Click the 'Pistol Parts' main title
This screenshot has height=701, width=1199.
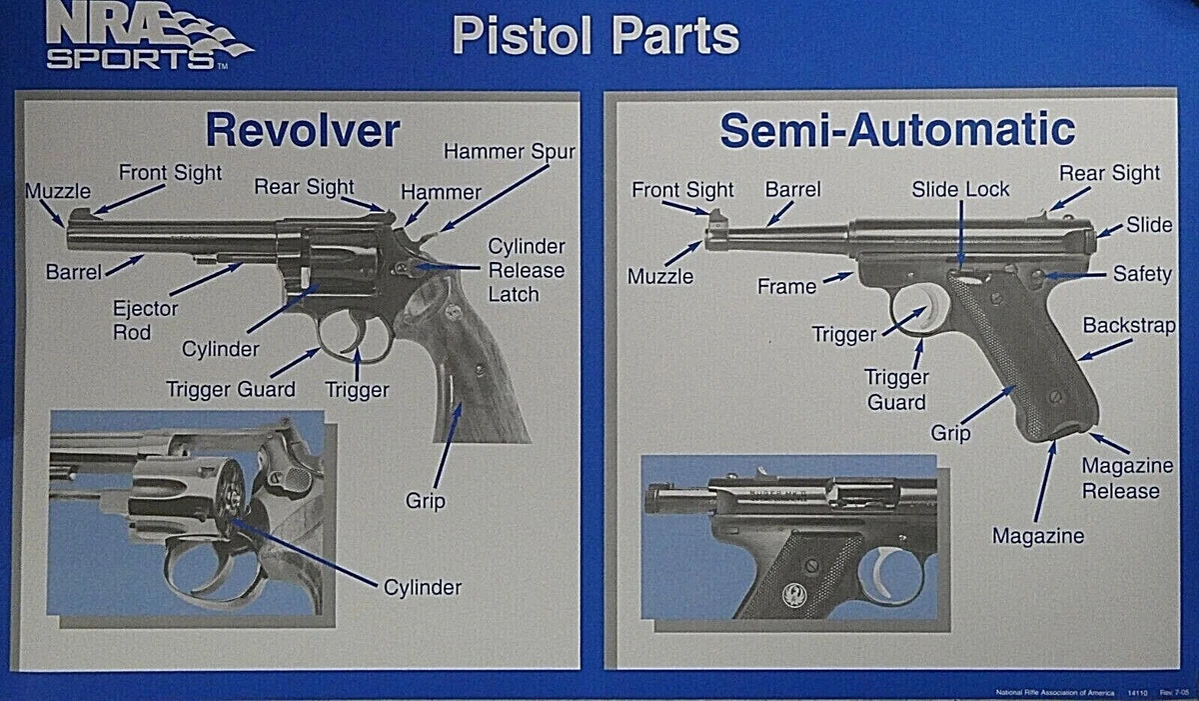click(x=595, y=36)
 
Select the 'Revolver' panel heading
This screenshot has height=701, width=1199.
click(x=302, y=131)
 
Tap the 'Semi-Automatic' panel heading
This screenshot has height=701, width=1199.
click(x=896, y=131)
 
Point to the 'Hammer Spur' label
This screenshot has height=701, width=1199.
click(x=510, y=152)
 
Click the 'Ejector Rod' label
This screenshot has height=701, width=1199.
click(x=146, y=320)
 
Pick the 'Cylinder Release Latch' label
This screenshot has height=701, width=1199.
click(x=526, y=270)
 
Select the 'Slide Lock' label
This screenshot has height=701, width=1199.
click(x=960, y=189)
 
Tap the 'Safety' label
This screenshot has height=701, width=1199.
click(x=1142, y=273)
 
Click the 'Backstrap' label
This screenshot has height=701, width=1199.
click(x=1129, y=326)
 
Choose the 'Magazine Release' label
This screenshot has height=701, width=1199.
click(x=1121, y=479)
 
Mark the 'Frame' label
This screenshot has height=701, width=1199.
click(x=786, y=287)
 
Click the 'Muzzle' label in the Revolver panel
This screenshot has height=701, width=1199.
click(x=57, y=190)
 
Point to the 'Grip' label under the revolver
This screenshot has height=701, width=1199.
click(x=425, y=500)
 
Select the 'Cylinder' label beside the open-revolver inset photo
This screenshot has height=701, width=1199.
click(x=423, y=587)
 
